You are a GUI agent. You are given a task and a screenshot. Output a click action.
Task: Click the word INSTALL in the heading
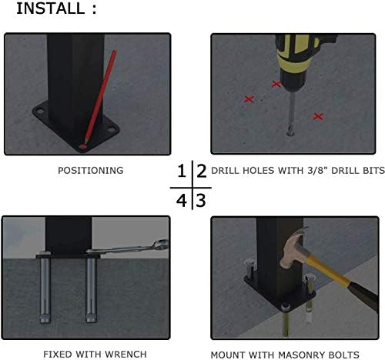click(50, 8)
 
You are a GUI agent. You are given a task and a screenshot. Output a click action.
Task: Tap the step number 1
click(182, 171)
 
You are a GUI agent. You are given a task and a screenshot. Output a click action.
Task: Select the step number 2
click(202, 171)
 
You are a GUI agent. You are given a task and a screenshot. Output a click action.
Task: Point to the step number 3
click(201, 201)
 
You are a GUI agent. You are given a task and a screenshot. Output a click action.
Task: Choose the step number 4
click(182, 201)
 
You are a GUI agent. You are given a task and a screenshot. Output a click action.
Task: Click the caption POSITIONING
click(91, 171)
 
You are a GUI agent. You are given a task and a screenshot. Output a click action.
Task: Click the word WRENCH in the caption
click(126, 355)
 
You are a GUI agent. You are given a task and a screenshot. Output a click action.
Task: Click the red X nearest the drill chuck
click(276, 84)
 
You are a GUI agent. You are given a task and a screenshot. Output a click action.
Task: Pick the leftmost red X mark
click(249, 99)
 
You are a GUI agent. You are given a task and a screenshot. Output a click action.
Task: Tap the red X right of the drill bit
click(318, 116)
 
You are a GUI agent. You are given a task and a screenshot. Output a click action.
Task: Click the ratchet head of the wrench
click(161, 244)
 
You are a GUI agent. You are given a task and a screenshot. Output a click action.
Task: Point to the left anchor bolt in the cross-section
click(45, 290)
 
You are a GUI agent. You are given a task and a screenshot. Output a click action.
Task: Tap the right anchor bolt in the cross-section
click(92, 290)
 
